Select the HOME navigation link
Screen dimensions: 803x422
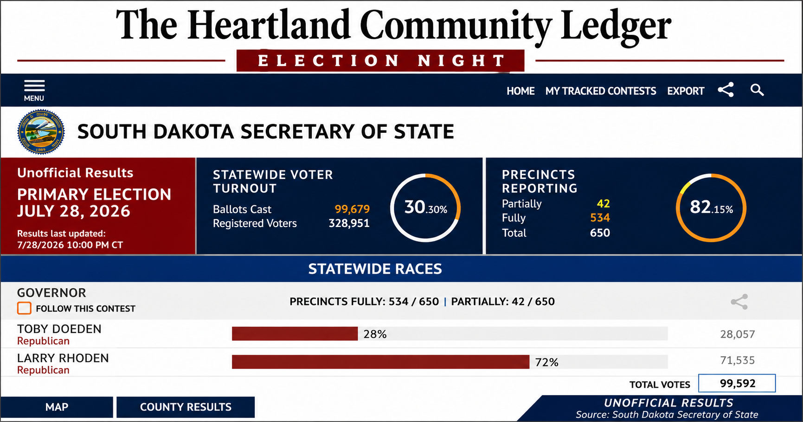point(520,91)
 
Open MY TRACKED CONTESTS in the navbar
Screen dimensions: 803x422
point(601,91)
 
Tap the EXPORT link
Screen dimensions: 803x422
point(686,91)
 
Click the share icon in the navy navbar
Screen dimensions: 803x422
point(726,90)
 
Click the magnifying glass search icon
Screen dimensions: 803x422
point(757,90)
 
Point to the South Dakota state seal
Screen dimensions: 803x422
point(41,132)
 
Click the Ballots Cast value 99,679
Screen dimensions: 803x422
point(353,209)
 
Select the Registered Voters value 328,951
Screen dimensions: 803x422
point(349,223)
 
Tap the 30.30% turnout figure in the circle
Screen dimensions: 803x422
point(426,207)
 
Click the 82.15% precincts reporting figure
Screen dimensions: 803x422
point(712,207)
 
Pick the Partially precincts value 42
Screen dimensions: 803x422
point(604,204)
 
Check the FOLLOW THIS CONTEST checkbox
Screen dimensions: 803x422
point(24,308)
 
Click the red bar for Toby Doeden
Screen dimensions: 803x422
point(295,334)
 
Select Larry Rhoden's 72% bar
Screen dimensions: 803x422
point(381,362)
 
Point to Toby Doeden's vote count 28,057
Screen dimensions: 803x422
point(738,334)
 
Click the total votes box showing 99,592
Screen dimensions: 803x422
point(737,383)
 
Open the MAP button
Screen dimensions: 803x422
point(57,407)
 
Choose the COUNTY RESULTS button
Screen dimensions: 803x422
point(186,407)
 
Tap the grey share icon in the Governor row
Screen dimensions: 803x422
point(739,302)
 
